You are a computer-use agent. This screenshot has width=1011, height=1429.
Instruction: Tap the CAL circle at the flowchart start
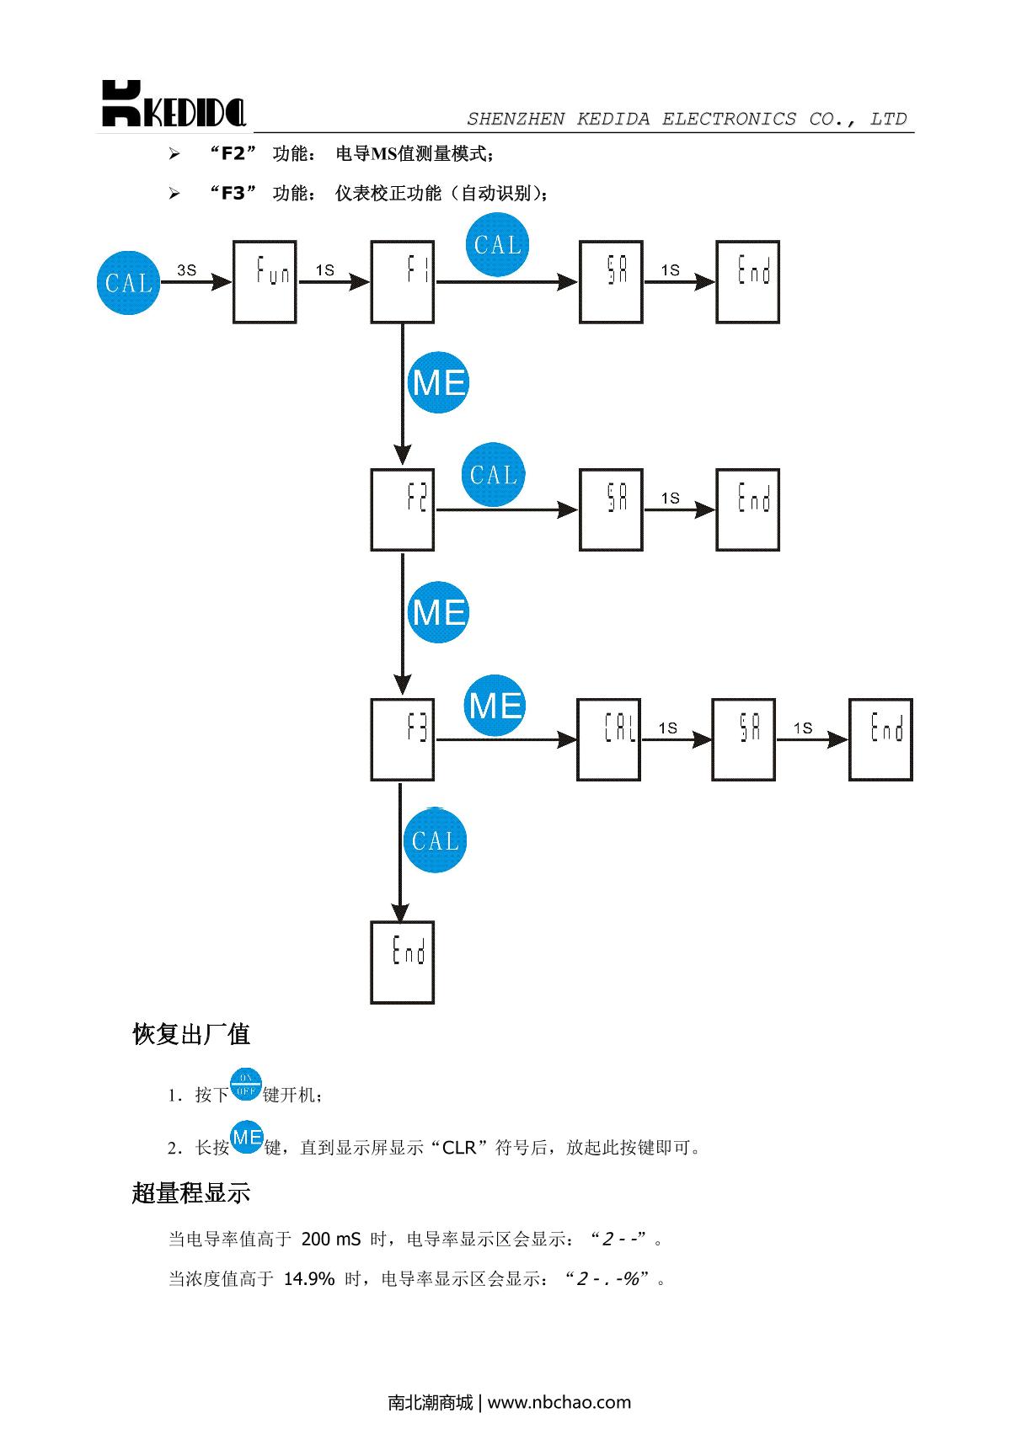coord(129,282)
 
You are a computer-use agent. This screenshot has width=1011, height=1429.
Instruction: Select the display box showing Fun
coord(265,282)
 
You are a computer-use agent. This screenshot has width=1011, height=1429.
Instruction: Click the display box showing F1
coord(403,282)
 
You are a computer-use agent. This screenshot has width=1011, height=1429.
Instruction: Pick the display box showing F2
coord(403,509)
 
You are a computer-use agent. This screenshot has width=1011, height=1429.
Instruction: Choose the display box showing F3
coord(403,739)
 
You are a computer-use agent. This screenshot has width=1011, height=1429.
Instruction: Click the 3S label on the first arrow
coord(186,270)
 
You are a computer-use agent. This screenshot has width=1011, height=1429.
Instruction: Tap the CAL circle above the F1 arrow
coord(498,245)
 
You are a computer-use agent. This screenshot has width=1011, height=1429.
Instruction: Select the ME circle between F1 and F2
coord(438,383)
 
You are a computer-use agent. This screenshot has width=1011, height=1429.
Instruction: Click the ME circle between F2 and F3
coord(438,612)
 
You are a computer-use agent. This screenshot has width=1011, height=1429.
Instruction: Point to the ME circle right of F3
coord(495,705)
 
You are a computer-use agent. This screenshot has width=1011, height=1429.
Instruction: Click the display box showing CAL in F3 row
coord(609,739)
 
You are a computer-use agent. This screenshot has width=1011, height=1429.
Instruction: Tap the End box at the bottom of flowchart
coord(403,962)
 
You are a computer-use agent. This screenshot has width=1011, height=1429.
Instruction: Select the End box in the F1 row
coord(748,282)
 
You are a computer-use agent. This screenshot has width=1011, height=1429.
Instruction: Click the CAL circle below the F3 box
coord(435,840)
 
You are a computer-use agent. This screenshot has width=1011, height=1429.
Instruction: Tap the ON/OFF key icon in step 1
coord(246,1085)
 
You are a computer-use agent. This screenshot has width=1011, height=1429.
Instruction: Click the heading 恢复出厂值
coord(191,1034)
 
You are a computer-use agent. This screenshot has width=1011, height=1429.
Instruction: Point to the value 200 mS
coord(331,1239)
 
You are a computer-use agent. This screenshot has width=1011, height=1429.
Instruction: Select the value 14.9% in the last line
coord(309,1279)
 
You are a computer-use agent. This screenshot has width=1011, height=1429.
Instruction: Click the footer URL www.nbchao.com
coord(559,1402)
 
